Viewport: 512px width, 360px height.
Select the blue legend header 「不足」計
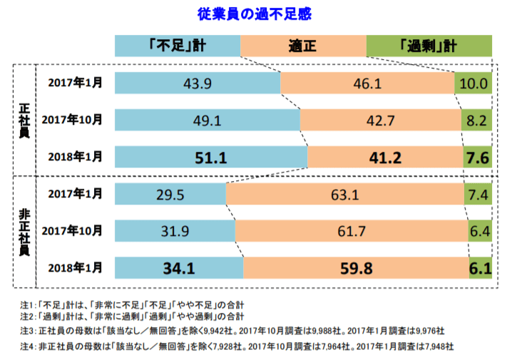(178, 46)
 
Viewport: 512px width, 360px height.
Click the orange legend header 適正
(303, 46)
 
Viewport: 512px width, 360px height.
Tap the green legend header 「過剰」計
(428, 46)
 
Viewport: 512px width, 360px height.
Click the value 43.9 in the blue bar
(198, 83)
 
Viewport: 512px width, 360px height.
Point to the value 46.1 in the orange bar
(367, 83)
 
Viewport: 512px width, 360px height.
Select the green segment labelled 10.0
(473, 83)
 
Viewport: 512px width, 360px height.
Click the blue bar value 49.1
(207, 120)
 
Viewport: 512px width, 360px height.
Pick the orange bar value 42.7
(380, 120)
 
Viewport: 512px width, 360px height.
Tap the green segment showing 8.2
(476, 120)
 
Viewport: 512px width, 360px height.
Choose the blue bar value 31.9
(175, 231)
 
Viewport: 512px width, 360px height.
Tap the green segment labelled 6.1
(480, 269)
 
